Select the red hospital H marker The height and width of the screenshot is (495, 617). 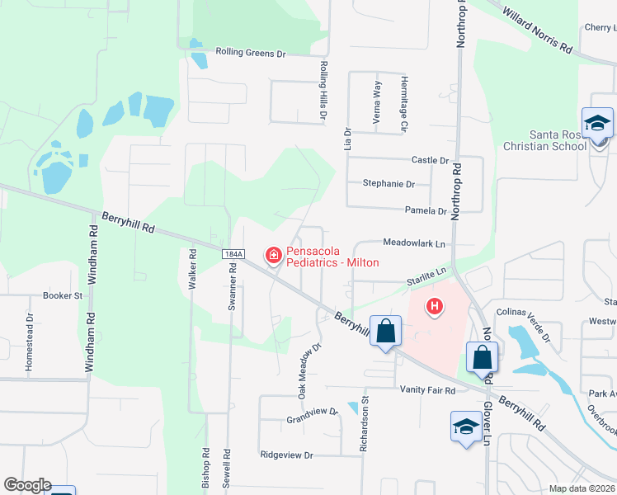[x=434, y=308]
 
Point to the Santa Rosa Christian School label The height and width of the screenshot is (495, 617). [x=558, y=140]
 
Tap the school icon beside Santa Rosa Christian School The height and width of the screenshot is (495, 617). [x=597, y=125]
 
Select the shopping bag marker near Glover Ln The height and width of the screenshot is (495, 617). [x=482, y=359]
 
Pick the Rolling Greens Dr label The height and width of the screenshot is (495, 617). [x=250, y=53]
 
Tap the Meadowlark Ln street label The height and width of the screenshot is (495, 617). [x=413, y=243]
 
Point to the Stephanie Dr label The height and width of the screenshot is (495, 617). [x=389, y=185]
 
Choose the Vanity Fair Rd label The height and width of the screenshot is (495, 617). [x=427, y=389]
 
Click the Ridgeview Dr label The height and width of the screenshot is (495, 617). [x=287, y=455]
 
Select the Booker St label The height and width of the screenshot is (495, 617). [x=63, y=295]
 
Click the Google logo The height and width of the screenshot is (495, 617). [x=26, y=485]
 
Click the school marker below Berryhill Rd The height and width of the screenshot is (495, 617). [x=465, y=427]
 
